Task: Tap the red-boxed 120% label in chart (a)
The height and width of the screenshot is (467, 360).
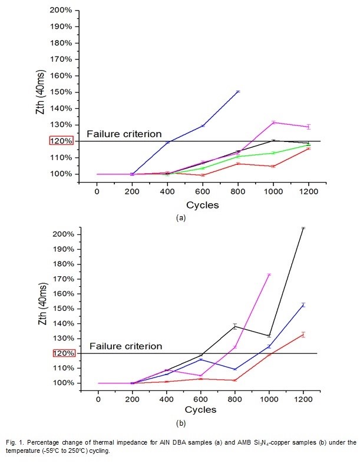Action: pos(61,141)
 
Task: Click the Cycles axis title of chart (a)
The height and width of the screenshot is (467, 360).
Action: pos(203,206)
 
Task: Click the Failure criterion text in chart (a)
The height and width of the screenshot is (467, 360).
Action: pos(124,134)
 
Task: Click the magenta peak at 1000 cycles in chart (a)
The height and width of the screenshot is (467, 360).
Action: pos(273,122)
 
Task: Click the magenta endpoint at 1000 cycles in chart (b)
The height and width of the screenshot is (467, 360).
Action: pos(269,274)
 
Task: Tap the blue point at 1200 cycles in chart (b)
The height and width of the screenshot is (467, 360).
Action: pos(303,304)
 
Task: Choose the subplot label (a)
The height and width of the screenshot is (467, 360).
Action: pos(181,217)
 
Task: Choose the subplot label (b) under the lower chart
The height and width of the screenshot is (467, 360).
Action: pos(181,423)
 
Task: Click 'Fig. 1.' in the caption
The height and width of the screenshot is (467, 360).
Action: pos(14,442)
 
